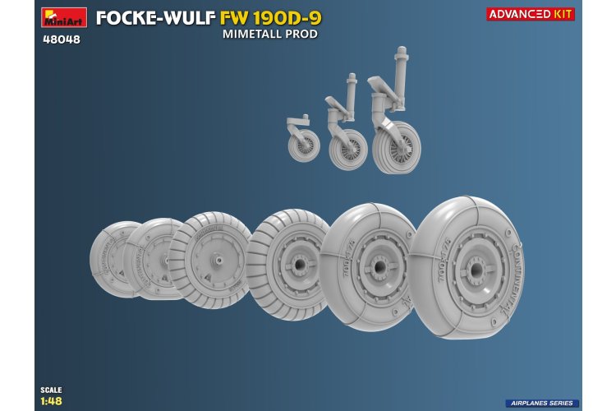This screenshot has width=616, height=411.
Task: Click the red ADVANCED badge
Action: [x=520, y=13]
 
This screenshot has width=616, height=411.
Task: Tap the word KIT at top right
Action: [x=564, y=13]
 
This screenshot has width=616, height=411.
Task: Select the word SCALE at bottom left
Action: [x=51, y=389]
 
